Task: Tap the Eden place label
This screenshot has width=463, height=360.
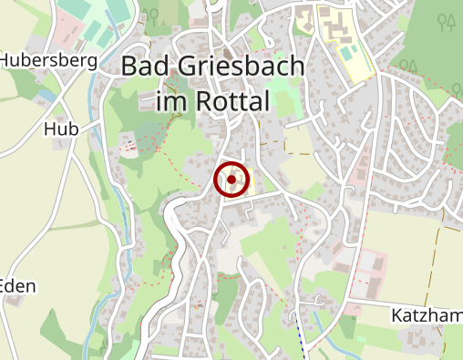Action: tap(18, 286)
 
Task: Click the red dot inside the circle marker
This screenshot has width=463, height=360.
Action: tap(231, 180)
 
